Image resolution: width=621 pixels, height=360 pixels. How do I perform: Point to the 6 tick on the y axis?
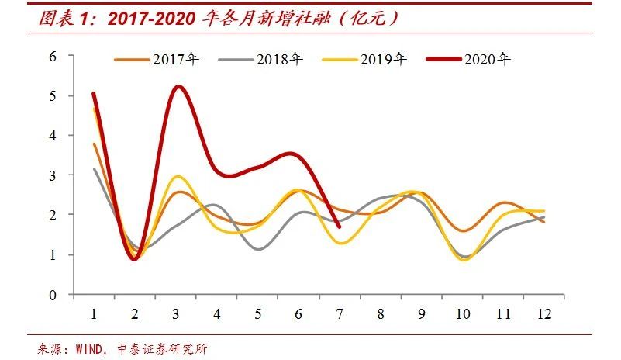53,56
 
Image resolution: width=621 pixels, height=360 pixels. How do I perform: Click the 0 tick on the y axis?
53,295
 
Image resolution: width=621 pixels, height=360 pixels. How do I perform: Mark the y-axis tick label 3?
53,175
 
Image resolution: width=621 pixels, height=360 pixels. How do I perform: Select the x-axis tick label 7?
340,313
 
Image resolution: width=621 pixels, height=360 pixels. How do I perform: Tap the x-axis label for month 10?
462,313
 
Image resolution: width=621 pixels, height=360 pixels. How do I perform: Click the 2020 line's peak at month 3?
178,86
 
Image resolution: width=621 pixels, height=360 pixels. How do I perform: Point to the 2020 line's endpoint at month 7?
340,227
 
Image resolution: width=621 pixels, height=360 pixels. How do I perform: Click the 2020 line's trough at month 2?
135,259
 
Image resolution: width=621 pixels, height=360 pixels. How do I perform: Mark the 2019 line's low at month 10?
464,260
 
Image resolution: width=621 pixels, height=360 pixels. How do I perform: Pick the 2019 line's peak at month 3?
178,177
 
